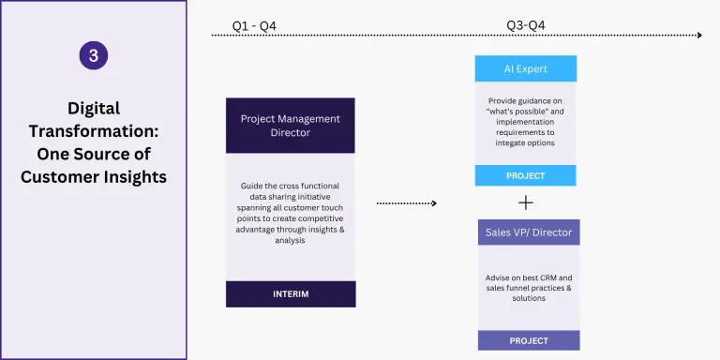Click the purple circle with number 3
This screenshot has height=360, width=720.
point(94,55)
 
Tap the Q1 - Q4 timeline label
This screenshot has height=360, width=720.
point(254,26)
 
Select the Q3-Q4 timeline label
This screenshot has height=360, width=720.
point(525,25)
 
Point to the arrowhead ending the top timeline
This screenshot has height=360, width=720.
point(699,36)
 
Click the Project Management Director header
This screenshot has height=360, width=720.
point(291,126)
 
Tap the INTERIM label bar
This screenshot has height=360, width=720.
point(291,293)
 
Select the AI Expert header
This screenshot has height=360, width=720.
point(526,68)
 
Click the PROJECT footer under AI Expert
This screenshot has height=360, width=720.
point(525,176)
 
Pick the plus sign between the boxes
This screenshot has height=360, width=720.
point(526,202)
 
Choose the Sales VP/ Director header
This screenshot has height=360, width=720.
point(529,232)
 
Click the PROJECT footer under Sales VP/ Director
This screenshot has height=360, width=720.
point(529,340)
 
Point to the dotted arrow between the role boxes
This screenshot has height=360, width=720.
point(406,202)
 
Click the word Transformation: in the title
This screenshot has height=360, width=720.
point(94,131)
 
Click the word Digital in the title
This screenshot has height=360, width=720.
point(94,109)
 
